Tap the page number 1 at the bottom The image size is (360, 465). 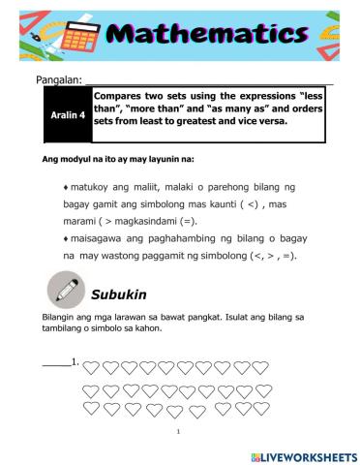click(x=180, y=432)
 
